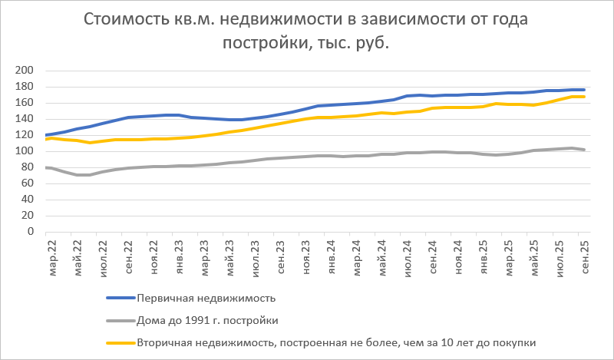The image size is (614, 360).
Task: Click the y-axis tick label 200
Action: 26,71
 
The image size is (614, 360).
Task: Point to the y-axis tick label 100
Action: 26,151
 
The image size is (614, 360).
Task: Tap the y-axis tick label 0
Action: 31,232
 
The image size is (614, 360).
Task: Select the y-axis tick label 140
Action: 26,119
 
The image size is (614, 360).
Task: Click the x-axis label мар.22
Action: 53,257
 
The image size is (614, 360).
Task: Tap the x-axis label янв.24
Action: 332,257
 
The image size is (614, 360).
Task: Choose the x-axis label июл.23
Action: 256,257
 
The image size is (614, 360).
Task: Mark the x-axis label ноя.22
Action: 154,257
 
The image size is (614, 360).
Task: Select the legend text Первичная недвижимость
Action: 205,298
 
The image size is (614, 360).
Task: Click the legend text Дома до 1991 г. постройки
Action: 206,320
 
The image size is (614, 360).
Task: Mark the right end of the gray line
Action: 585,150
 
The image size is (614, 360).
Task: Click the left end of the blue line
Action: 47,135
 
